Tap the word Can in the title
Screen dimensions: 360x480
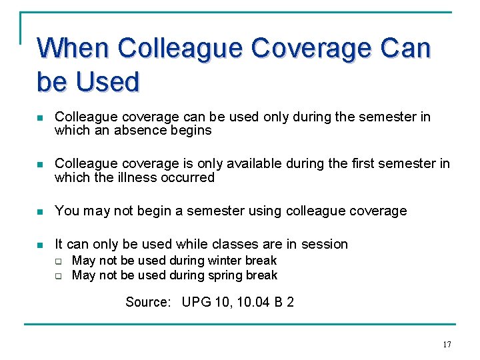tap(406, 48)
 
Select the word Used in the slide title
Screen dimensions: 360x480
tap(107, 81)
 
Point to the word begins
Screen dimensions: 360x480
tap(190, 131)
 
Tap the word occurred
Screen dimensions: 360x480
tap(189, 177)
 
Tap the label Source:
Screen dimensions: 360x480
tap(148, 303)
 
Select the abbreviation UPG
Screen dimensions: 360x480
tap(197, 303)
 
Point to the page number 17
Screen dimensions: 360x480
tap(446, 344)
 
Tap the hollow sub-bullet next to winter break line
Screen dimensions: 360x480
tap(58, 261)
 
